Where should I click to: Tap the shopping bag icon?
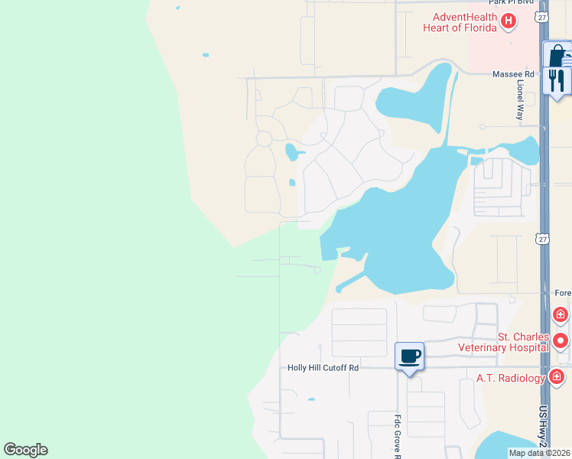[x=557, y=55]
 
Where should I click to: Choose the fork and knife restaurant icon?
[x=557, y=80]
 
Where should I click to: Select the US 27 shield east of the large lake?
[x=541, y=239]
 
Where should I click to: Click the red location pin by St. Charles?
[x=561, y=340]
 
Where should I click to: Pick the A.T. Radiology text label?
[x=510, y=377]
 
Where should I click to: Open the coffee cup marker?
[x=409, y=356]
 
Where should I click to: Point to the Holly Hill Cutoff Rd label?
[x=323, y=368]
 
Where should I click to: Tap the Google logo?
[x=25, y=450]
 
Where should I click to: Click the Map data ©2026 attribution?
[x=538, y=453]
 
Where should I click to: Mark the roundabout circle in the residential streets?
[x=264, y=138]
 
